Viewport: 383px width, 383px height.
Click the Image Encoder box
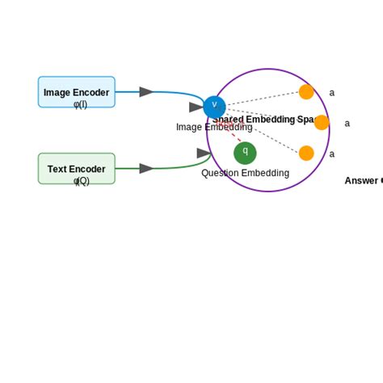76,91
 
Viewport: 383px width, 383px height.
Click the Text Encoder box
76,168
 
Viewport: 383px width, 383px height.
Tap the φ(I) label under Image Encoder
80,104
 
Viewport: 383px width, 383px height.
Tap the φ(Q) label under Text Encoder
81,181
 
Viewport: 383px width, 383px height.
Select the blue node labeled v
214,106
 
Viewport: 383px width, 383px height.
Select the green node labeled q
245,153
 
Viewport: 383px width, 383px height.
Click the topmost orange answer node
306,92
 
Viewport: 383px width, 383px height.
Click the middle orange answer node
322,123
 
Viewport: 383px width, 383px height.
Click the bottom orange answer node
306,153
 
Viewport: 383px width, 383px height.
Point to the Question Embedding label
245,173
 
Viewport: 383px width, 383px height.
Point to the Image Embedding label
214,127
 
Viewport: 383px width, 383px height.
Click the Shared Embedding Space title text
263,120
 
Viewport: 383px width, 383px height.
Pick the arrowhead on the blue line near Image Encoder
146,92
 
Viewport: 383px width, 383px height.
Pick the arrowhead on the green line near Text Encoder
146,168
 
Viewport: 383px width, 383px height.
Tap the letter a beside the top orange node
331,93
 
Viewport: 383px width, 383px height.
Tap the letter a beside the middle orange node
347,124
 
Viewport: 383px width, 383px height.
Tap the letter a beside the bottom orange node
331,154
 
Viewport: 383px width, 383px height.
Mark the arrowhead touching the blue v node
196,107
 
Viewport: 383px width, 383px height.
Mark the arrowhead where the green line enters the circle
204,153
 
